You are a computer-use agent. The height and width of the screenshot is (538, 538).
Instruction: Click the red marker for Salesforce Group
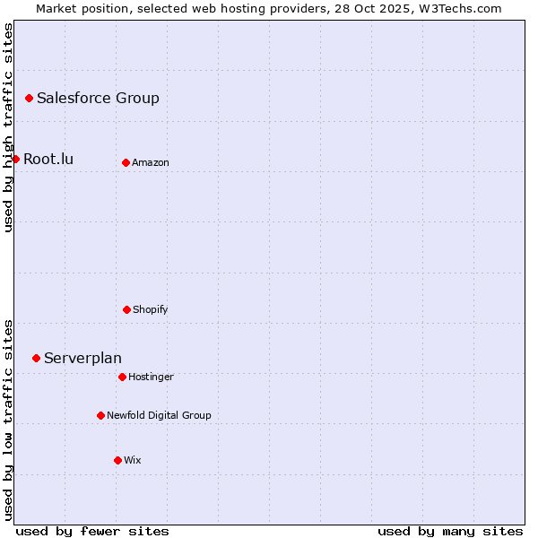[x=29, y=98]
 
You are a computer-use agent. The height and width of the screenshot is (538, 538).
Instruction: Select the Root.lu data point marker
[x=15, y=159]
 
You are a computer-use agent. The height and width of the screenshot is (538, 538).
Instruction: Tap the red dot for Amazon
[x=126, y=162]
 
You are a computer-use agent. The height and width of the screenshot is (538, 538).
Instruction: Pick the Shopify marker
[x=126, y=309]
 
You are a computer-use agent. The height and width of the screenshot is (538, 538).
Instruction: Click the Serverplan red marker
[x=36, y=358]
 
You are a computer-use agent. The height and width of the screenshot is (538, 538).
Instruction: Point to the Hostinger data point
[x=122, y=377]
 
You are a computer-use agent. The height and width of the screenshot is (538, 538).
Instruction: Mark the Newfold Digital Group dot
[x=100, y=415]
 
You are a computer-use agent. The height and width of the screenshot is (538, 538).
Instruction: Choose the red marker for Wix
[x=117, y=460]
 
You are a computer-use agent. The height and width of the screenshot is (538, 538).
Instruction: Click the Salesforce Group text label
[x=98, y=99]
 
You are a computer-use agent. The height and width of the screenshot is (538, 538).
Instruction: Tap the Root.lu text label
[x=48, y=160]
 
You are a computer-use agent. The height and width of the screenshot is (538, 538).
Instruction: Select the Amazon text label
[x=151, y=163]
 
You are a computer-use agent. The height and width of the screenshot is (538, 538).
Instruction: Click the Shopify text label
[x=151, y=310]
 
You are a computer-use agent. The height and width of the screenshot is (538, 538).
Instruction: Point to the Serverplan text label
[x=82, y=359]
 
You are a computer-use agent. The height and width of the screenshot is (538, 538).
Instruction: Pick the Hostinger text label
[x=151, y=377]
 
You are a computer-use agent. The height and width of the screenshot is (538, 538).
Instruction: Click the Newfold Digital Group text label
[x=159, y=416]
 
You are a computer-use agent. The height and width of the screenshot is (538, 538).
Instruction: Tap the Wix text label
[x=133, y=461]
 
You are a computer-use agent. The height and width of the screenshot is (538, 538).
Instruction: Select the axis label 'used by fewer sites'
[x=92, y=531]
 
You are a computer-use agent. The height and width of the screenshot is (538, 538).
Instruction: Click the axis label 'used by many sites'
[x=450, y=531]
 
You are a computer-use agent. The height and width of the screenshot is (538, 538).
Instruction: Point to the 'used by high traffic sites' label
[x=8, y=127]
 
